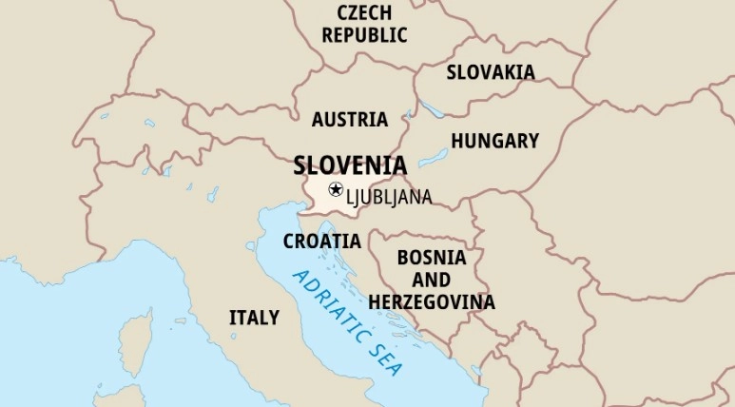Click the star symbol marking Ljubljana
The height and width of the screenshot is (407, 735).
[336, 189]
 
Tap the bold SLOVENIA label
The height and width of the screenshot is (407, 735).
[350, 165]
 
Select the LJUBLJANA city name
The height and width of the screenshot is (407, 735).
[390, 197]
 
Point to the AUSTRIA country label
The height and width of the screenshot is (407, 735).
[350, 120]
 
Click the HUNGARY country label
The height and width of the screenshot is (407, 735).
[494, 141]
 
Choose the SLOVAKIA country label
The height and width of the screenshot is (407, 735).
[491, 72]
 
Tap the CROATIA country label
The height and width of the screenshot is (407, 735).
[322, 242]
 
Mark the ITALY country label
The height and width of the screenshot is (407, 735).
[254, 318]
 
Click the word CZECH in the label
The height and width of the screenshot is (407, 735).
[364, 13]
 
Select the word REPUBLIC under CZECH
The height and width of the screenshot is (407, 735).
[364, 36]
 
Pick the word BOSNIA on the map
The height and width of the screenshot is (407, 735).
[432, 258]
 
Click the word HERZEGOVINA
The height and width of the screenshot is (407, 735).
[432, 302]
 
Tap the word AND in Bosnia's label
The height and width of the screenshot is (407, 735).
[432, 281]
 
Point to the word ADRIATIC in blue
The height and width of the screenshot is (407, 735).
[329, 304]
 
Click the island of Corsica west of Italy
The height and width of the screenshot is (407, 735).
[136, 340]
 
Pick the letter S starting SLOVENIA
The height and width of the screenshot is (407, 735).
[300, 165]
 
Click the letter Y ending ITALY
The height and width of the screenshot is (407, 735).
[274, 318]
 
